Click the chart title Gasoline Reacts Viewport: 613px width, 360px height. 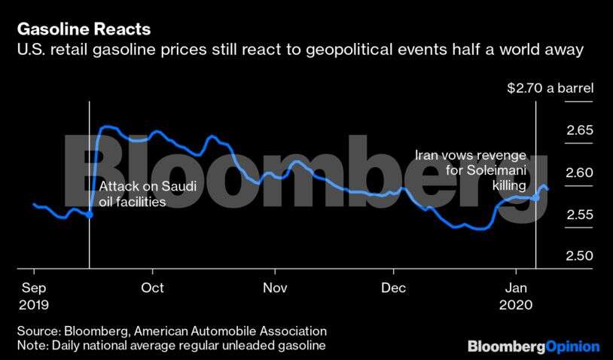click(x=83, y=29)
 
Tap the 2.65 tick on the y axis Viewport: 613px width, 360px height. click(x=579, y=130)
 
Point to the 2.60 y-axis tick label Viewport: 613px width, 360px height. click(x=579, y=172)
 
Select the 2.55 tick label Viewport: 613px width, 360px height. click(x=579, y=215)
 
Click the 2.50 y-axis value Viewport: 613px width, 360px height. click(x=579, y=257)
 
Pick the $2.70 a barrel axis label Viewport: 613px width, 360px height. click(x=550, y=89)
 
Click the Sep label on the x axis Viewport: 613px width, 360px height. click(x=33, y=288)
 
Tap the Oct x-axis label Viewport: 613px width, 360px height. click(x=152, y=288)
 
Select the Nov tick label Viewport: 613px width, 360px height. click(x=276, y=288)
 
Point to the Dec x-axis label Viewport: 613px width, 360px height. click(x=394, y=288)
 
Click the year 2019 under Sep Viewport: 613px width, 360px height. click(x=33, y=305)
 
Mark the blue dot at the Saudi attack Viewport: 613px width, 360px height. click(x=90, y=215)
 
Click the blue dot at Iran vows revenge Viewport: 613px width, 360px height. click(x=535, y=197)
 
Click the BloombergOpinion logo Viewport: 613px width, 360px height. click(x=533, y=346)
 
